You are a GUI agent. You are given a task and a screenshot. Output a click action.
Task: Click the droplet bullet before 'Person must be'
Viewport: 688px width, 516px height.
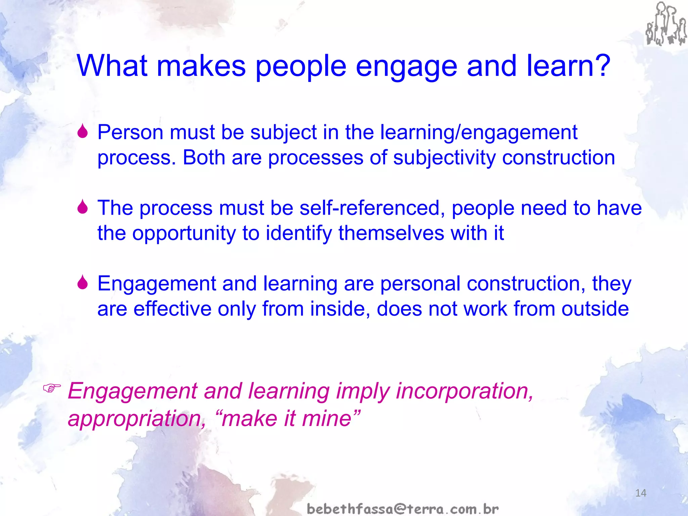(82, 131)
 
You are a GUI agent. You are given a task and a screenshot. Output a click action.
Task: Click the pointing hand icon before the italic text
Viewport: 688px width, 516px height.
(52, 388)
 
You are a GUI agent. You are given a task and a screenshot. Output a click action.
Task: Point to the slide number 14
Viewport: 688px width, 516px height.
(641, 493)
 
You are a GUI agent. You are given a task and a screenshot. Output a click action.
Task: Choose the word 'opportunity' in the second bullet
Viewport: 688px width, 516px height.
(184, 233)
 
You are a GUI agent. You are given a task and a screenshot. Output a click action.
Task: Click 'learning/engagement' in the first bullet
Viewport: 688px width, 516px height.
(478, 132)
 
